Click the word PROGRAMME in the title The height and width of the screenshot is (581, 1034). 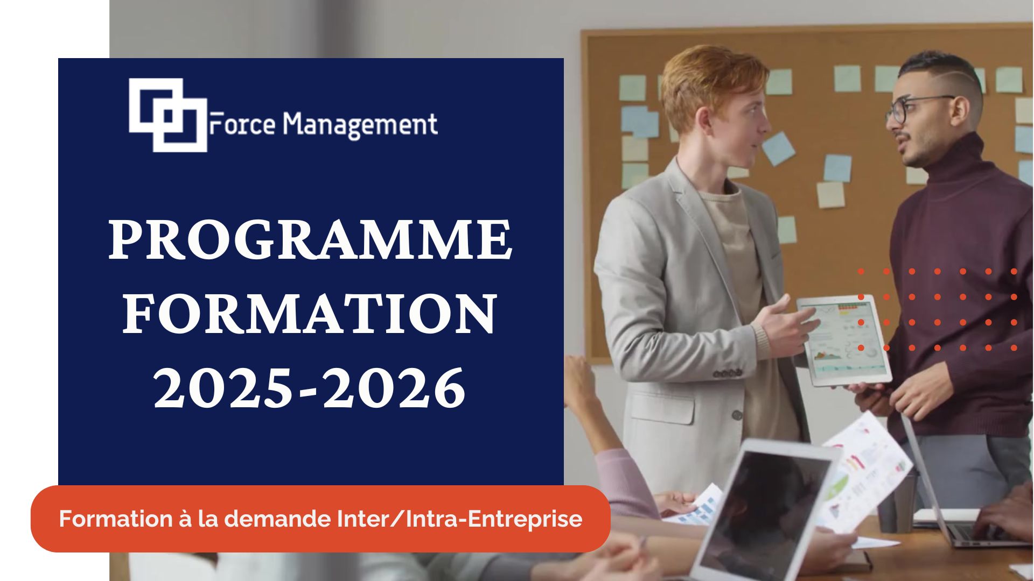point(310,240)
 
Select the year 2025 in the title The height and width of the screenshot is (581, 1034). point(222,387)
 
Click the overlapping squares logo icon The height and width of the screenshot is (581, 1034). point(168,115)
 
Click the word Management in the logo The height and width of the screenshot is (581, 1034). point(360,126)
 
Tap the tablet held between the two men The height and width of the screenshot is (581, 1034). point(844,340)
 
